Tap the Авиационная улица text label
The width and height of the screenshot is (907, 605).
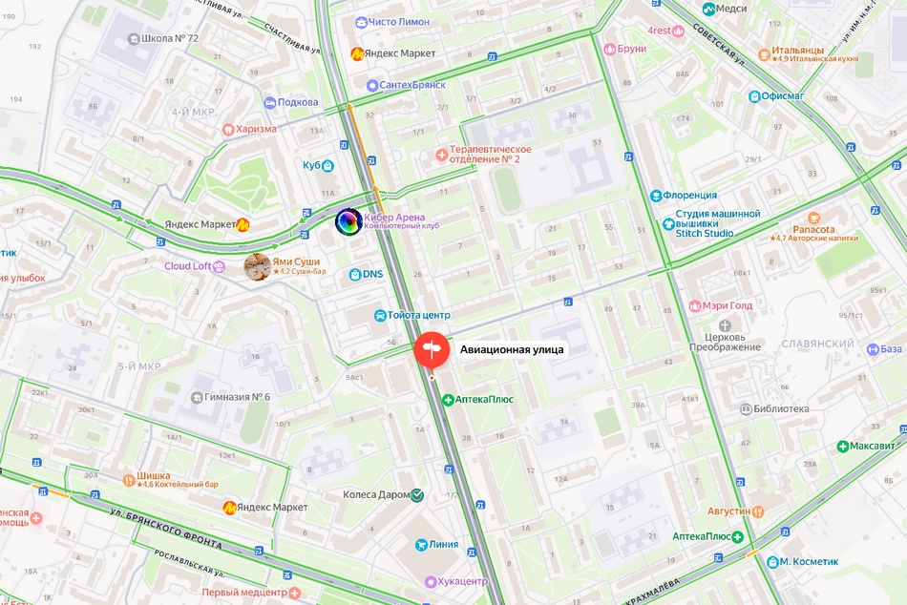(512, 349)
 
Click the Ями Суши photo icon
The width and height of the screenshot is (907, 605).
(257, 266)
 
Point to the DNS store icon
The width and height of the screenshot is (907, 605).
(355, 275)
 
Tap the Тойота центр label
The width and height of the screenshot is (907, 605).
(419, 315)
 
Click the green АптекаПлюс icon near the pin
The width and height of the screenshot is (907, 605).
(447, 399)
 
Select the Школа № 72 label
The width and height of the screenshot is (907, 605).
(169, 38)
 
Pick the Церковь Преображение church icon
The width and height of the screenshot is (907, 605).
(724, 324)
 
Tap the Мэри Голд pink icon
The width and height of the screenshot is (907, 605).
(695, 306)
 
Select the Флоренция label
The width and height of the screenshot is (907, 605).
(690, 196)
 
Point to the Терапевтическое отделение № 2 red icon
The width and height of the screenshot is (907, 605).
(440, 154)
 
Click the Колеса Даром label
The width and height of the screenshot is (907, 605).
(375, 495)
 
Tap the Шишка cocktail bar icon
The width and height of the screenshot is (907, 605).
(129, 478)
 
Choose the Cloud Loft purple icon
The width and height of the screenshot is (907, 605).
(220, 266)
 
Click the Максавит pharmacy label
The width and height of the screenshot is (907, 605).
(872, 446)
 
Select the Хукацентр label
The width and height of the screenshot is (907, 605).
(462, 581)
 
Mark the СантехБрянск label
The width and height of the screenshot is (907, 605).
(412, 85)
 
